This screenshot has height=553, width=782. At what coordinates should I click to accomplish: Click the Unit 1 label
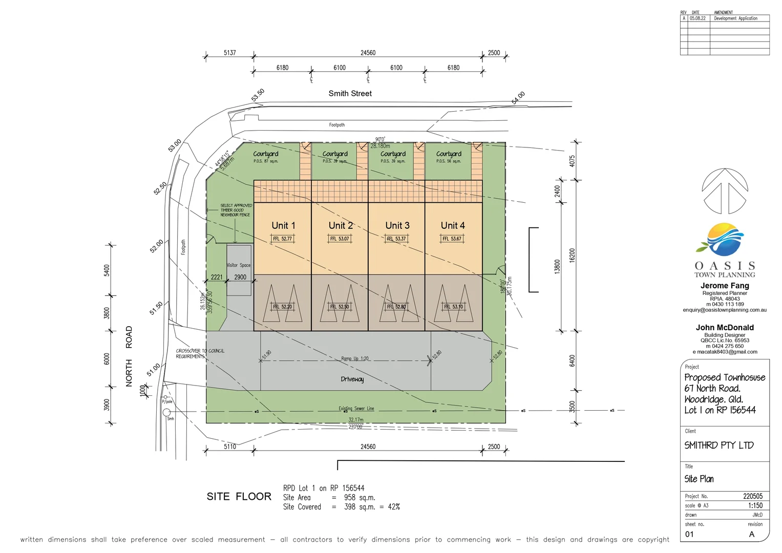[x=283, y=225]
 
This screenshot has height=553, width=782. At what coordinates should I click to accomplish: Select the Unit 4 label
[x=453, y=225]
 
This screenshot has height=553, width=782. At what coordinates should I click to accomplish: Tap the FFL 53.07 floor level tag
[x=340, y=239]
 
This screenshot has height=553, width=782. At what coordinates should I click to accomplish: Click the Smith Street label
[x=350, y=93]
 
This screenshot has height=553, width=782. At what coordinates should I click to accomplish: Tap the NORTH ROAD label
[x=129, y=356]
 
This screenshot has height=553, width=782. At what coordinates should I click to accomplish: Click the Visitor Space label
[x=239, y=265]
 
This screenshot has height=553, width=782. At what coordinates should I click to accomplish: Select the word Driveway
[x=352, y=379]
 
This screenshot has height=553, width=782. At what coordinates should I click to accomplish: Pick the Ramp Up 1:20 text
[x=355, y=358]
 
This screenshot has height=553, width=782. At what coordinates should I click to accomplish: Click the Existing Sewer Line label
[x=356, y=409]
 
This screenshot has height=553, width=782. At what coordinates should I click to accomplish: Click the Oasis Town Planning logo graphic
[x=725, y=239]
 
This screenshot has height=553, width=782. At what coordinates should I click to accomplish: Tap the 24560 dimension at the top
[x=368, y=53]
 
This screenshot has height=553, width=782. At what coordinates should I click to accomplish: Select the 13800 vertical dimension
[x=557, y=266]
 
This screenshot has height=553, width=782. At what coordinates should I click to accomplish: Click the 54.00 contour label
[x=518, y=98]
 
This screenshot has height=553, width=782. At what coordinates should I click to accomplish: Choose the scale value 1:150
[x=755, y=505]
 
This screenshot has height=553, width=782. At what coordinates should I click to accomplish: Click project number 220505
[x=753, y=496]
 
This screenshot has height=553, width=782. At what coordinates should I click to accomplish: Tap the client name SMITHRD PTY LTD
[x=719, y=445]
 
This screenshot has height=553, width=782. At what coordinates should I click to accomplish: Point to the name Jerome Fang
[x=725, y=286]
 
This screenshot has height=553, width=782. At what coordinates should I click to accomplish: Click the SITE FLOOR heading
[x=239, y=496]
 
